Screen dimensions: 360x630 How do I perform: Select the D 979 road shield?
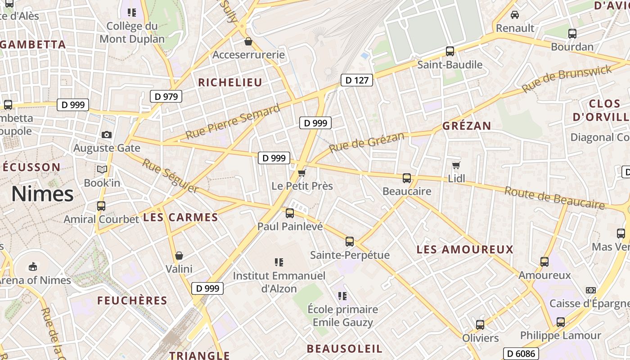(166, 96)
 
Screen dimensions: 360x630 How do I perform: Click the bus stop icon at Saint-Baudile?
(450, 51)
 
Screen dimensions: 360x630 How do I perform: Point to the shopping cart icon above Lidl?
(456, 166)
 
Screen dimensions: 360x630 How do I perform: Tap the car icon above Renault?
(514, 15)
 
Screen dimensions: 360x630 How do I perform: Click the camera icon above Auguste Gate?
(107, 135)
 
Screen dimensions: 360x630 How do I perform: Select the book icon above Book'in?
(102, 170)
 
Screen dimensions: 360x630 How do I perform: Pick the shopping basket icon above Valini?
(179, 256)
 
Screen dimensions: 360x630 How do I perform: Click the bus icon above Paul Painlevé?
(290, 213)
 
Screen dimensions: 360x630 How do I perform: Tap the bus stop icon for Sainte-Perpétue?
(350, 242)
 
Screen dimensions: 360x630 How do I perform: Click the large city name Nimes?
(42, 194)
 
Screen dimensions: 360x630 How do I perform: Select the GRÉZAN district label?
(466, 126)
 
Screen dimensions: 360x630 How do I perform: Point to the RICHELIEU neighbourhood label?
(230, 82)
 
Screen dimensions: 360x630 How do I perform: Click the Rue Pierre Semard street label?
(233, 121)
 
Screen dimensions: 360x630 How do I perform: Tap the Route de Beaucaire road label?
(554, 198)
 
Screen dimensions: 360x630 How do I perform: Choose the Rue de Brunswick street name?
(567, 78)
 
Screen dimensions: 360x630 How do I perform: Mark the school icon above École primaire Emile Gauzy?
(342, 296)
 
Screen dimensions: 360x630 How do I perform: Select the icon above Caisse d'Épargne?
(591, 290)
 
